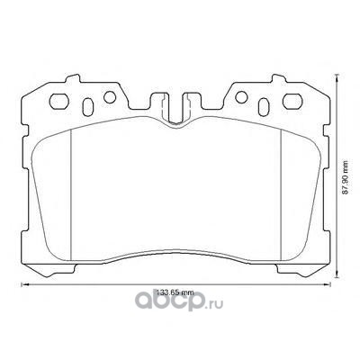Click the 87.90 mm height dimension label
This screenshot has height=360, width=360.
[x=346, y=177]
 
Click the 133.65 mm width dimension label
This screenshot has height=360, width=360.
[x=174, y=292]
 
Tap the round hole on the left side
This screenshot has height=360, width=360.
[x=110, y=97]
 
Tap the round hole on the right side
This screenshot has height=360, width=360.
[x=241, y=97]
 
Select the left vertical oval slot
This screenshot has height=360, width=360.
[x=87, y=106]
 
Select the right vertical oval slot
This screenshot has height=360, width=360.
[x=264, y=106]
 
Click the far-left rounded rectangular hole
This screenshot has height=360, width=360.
[x=59, y=102]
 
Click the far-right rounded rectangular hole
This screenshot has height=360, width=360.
[x=292, y=102]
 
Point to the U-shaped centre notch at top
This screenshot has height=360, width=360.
[x=175, y=110]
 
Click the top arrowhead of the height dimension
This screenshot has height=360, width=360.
[x=337, y=77]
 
